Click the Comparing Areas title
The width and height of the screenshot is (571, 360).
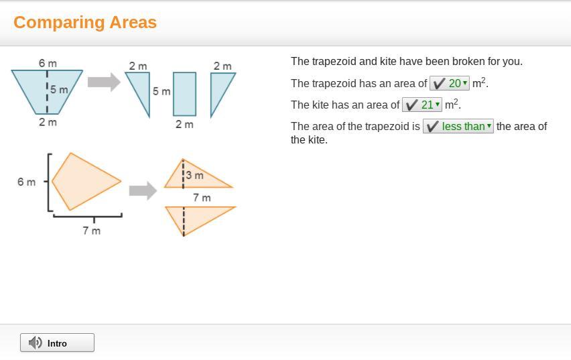coord(85,22)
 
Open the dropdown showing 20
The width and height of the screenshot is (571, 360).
coord(450,83)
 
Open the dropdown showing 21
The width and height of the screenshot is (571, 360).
coord(422,105)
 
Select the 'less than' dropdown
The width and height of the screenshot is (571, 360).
coord(458,127)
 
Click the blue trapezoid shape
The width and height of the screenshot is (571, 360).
coord(47,92)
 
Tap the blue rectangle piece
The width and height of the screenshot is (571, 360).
coord(184,94)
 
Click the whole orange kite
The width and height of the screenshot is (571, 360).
coord(86,182)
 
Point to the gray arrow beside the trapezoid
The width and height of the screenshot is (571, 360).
coord(104,82)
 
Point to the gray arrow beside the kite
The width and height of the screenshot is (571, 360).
coord(143,190)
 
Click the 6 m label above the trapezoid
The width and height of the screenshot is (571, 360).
coord(48,64)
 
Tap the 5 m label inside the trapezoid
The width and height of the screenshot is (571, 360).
coord(59,89)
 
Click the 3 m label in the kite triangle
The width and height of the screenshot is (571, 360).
coord(195,175)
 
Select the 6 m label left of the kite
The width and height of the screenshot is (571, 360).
coord(27,182)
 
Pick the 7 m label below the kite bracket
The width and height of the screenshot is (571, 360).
coord(91,231)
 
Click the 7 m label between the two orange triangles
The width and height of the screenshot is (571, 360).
coord(202,198)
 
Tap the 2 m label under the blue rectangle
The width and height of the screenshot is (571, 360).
coord(184,124)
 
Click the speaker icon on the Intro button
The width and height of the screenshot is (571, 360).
coord(36,343)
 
